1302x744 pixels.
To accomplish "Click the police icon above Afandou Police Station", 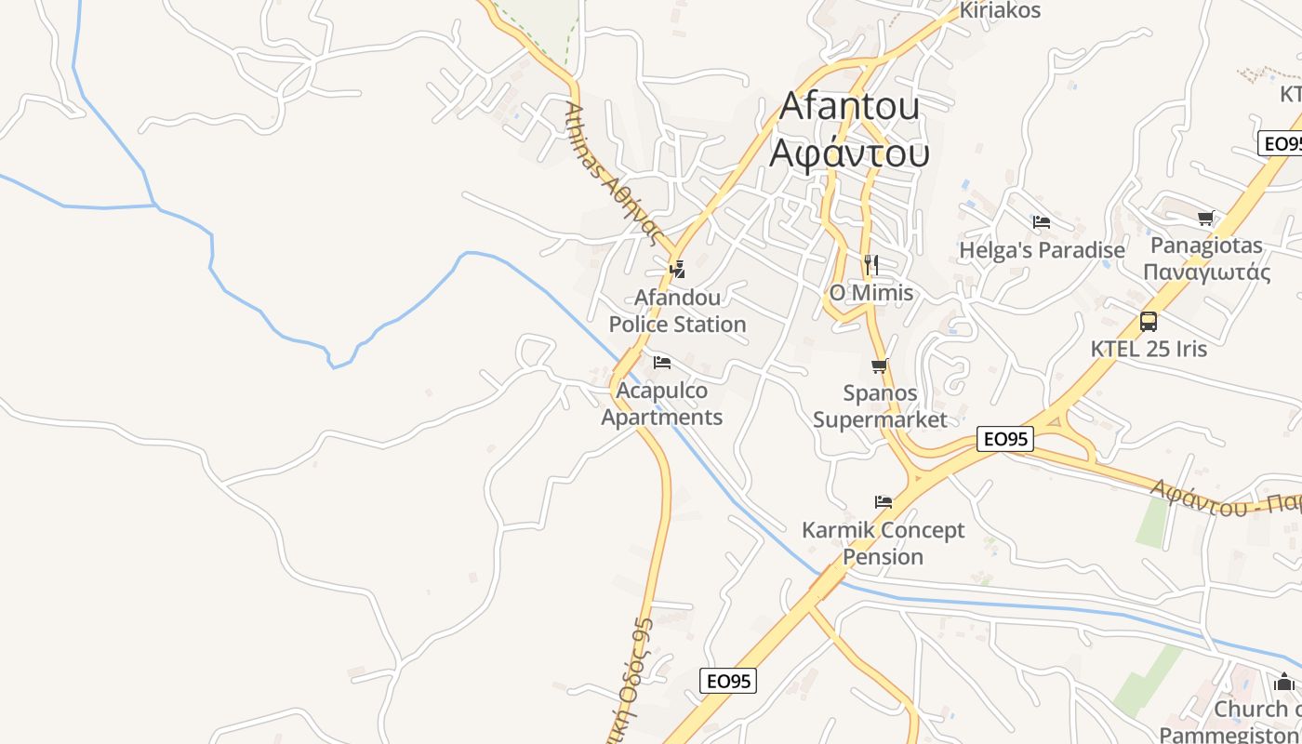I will [678, 270].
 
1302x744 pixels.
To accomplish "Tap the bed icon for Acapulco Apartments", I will [662, 362].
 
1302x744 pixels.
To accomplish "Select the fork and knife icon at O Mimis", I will [870, 264].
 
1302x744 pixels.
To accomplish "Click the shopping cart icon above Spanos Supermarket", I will [880, 365].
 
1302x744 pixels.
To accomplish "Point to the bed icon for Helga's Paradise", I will [1042, 222].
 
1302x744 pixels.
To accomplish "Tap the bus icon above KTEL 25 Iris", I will [1149, 322].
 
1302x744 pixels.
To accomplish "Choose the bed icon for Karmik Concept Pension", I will [883, 502].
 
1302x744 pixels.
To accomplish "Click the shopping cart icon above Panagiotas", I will [1206, 219].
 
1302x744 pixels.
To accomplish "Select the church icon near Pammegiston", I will [1284, 681].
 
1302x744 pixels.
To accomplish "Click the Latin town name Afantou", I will [849, 106].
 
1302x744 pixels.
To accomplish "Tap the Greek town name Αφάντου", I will [849, 153].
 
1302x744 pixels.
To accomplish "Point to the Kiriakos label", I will [1000, 11].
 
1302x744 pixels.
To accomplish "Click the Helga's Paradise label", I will [1042, 250].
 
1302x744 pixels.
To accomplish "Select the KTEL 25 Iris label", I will [1149, 349].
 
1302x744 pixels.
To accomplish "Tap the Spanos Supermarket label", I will [880, 406].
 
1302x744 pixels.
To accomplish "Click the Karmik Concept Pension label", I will [883, 543].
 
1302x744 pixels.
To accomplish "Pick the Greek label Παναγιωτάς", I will [1206, 272].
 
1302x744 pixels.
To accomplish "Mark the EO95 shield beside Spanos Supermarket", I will [1005, 439].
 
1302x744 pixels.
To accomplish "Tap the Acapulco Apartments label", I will [662, 404].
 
